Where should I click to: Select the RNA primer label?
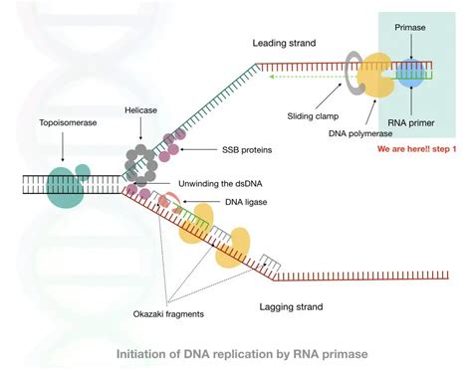click(x=410, y=127)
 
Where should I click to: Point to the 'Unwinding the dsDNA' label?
click(x=242, y=183)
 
